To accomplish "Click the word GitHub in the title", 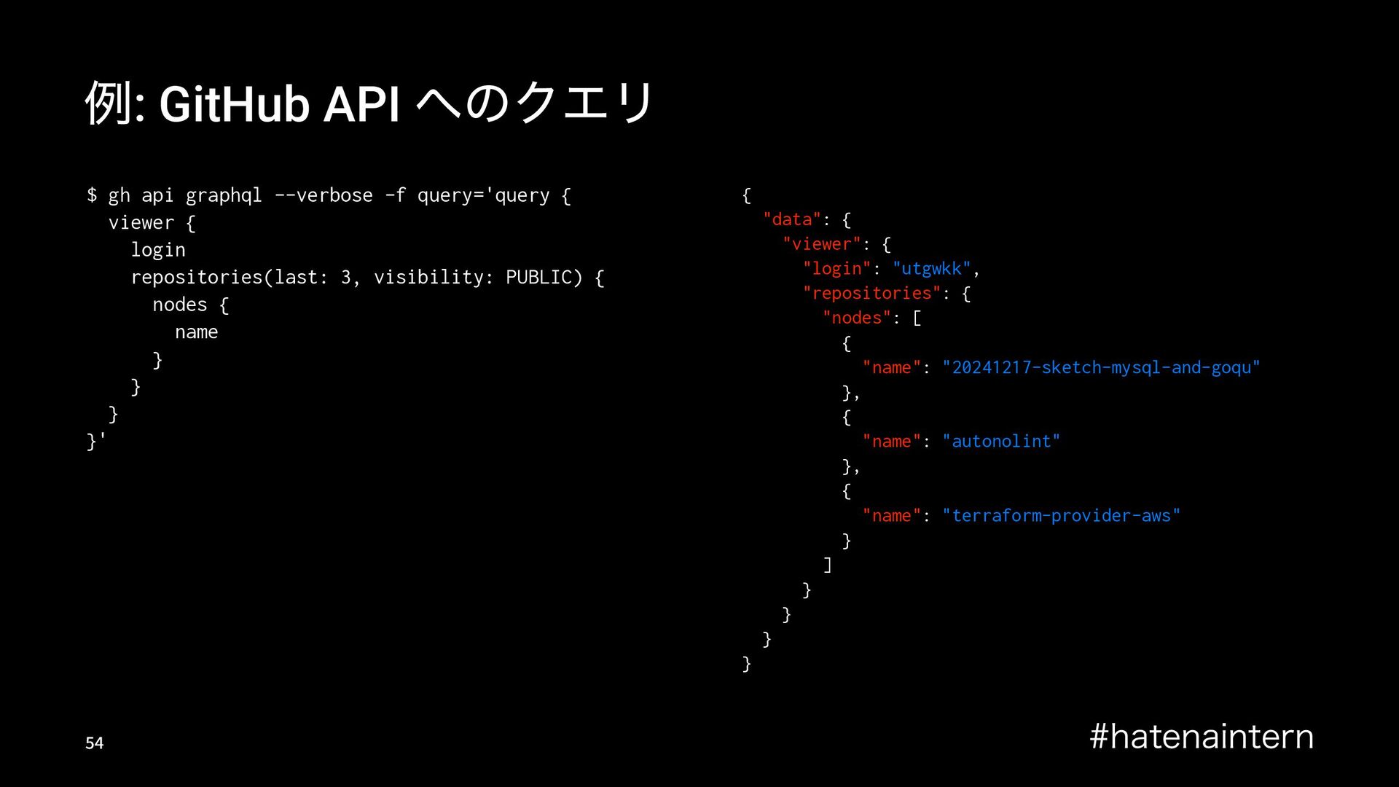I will [233, 105].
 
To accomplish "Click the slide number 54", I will [95, 743].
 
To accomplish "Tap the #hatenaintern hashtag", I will [1202, 737].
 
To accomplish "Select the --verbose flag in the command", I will [324, 195].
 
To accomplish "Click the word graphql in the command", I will [224, 196].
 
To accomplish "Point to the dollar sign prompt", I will [92, 195].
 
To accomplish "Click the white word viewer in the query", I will [141, 223].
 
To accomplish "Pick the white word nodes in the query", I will [180, 305].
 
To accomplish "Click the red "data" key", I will [792, 220].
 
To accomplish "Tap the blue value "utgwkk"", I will [931, 269].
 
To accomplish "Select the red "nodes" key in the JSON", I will [857, 318].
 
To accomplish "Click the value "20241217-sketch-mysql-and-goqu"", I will [1101, 368].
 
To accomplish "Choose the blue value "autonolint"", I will [1001, 442].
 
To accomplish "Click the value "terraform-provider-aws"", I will [1061, 516].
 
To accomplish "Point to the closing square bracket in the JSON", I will [827, 565].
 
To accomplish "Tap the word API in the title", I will [361, 105].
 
